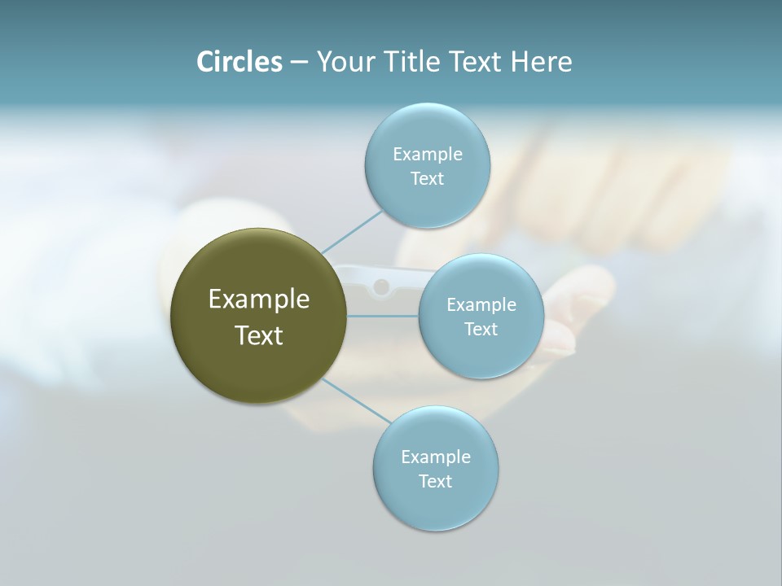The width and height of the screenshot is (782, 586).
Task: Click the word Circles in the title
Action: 239,62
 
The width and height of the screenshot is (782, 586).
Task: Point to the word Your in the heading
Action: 345,62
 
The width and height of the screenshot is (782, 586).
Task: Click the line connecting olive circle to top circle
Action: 352,231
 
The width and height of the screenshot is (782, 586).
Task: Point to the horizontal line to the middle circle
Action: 382,316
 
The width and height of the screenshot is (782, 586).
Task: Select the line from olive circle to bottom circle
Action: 356,400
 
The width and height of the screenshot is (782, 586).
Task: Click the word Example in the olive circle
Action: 258,300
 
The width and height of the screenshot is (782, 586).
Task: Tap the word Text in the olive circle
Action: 258,335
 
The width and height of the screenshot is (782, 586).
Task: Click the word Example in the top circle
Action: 427,155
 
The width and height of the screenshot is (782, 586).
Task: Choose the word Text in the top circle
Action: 427,179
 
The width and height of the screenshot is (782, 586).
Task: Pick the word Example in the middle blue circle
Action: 481,305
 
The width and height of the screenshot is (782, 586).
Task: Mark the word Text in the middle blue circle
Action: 481,330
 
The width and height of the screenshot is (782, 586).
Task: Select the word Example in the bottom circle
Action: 435,457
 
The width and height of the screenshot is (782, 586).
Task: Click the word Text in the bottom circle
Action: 435,482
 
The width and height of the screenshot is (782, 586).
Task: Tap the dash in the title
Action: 298,63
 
